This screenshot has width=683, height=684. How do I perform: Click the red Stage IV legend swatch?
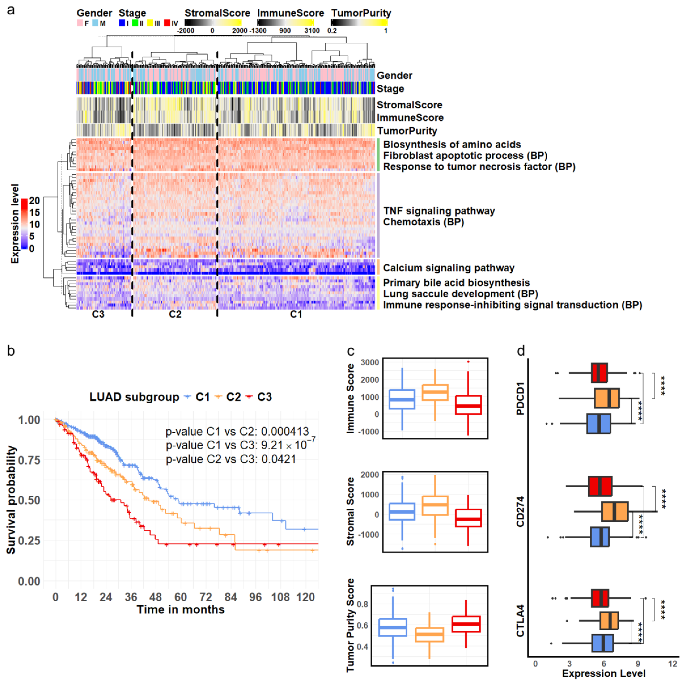point(167,23)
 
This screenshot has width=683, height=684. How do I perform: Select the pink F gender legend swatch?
point(80,23)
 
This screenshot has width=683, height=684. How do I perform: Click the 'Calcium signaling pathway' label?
point(448,268)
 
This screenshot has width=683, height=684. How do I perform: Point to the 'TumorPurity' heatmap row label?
point(407,131)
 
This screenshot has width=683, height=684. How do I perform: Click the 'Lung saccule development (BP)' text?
point(460,294)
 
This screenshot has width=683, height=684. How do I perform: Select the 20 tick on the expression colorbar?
point(34,200)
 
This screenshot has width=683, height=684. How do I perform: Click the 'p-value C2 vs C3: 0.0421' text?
point(231,459)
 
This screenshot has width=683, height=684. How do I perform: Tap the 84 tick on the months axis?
point(230,597)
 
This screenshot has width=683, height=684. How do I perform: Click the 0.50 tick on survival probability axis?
point(29,500)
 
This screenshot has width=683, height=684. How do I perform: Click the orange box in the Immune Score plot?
point(435,392)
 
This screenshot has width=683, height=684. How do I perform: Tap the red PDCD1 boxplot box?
point(599,373)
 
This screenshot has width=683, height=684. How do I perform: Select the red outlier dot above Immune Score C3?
point(468,361)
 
